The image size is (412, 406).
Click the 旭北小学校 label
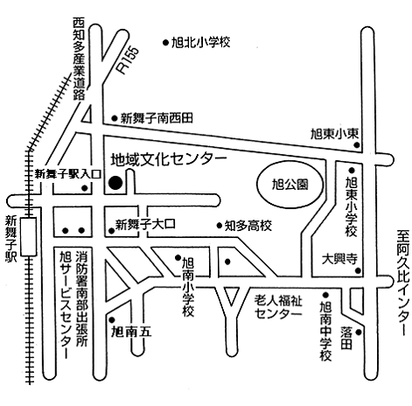click(x=200, y=43)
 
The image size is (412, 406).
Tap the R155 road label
click(x=128, y=59)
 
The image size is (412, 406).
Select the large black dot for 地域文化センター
click(x=115, y=183)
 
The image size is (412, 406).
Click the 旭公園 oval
click(x=290, y=185)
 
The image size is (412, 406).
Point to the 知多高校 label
click(x=248, y=226)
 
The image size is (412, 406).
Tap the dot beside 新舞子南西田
click(x=115, y=118)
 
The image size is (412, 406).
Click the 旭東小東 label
click(x=334, y=134)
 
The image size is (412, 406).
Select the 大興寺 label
click(x=339, y=259)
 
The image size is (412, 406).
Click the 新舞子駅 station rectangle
click(x=29, y=236)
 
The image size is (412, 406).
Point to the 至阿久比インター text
click(x=402, y=283)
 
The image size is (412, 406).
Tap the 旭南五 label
click(x=131, y=332)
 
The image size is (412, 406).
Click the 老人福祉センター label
click(x=278, y=307)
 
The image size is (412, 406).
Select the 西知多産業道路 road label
click(x=79, y=59)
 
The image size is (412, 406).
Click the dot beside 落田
click(x=359, y=332)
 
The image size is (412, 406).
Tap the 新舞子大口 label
click(x=145, y=224)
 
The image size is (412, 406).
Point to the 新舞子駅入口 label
click(x=68, y=174)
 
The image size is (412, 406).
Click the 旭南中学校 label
click(x=325, y=331)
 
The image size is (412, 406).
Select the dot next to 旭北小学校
click(x=165, y=43)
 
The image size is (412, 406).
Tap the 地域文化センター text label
click(x=169, y=159)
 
